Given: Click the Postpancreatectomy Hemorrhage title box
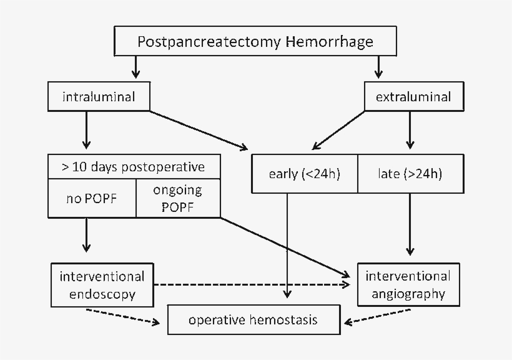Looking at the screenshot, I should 255,42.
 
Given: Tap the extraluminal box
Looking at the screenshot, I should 413,97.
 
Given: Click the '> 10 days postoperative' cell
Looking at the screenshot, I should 134,167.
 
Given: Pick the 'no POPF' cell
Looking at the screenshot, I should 92,199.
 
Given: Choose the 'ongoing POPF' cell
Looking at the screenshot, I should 178,199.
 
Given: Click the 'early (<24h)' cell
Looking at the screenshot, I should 304,174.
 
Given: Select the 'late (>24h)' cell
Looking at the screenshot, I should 410,174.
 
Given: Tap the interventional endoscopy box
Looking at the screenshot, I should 102,284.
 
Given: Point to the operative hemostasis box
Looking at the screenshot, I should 254,320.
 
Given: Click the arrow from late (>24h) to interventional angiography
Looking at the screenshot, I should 410,225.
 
